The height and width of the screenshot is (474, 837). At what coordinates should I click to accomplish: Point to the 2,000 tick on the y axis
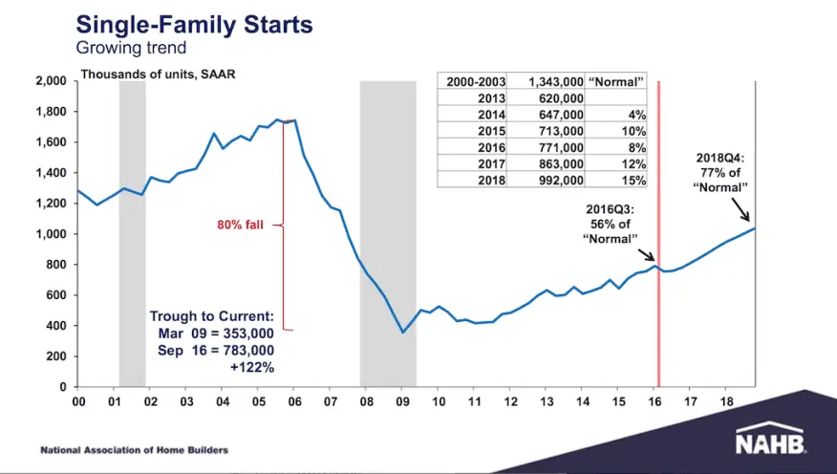tap(49, 81)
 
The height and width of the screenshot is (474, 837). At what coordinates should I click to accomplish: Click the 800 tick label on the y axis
tap(54, 265)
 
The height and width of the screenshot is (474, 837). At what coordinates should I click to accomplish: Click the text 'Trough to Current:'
tap(211, 316)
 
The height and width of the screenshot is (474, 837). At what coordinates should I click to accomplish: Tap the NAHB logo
tap(769, 442)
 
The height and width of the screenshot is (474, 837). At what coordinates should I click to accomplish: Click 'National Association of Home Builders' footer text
tap(134, 449)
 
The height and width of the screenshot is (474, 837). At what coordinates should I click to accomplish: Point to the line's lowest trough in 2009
tap(403, 333)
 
